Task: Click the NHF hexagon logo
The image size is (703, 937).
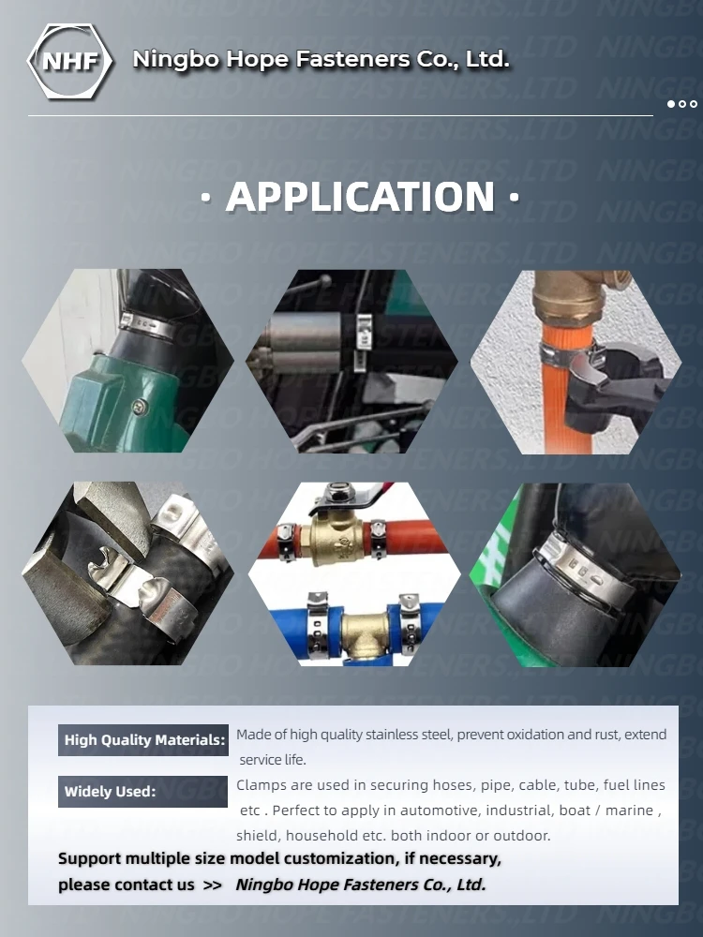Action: coord(70,61)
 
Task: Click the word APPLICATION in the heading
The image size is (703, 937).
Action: coord(361,197)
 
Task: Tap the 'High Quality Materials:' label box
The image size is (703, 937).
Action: coord(142,740)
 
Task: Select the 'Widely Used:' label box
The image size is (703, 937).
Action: coord(142,791)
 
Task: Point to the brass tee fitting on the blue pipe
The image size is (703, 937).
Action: coord(365,634)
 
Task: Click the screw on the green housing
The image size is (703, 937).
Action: coord(141,408)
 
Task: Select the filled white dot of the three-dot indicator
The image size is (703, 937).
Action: coord(671,104)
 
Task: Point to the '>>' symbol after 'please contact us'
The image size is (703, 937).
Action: coord(212,885)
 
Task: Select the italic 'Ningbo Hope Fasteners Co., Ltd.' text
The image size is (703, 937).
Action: coord(361,885)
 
